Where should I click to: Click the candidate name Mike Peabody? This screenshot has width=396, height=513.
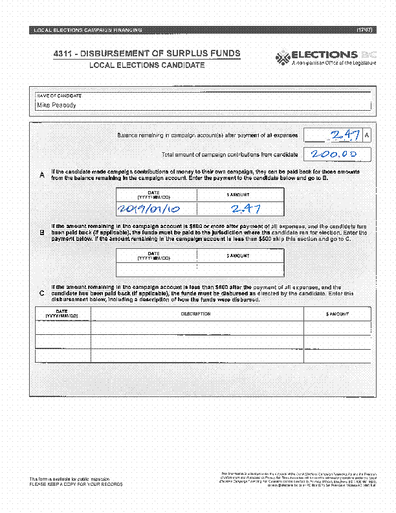[x=56, y=105]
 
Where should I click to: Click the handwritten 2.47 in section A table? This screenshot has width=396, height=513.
[x=240, y=209]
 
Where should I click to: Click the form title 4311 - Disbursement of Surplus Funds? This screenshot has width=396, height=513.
[x=147, y=53]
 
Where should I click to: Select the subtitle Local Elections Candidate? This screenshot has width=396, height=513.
[x=147, y=65]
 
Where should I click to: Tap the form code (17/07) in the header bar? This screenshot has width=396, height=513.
[x=364, y=30]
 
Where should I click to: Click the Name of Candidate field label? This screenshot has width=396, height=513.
[x=58, y=95]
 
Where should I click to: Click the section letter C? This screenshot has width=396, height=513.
[x=42, y=293]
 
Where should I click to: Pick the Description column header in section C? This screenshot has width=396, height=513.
[x=196, y=314]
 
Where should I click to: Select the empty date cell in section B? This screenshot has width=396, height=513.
[x=155, y=270]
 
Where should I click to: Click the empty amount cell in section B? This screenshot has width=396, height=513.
[x=239, y=270]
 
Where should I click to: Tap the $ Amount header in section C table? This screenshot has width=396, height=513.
[x=337, y=314]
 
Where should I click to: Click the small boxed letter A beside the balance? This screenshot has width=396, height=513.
[x=367, y=135]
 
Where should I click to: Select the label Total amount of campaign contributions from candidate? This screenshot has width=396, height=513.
[x=230, y=155]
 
